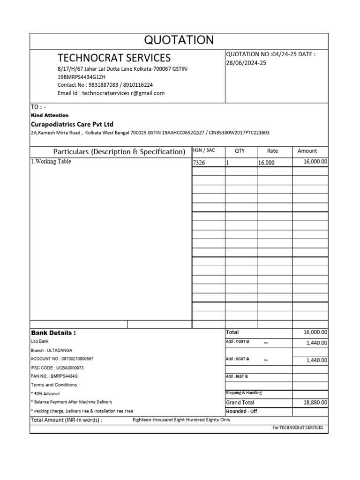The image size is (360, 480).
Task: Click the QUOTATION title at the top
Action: (179, 40)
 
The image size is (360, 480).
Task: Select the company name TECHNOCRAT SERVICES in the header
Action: (114, 58)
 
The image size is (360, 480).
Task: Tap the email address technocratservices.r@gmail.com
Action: (123, 93)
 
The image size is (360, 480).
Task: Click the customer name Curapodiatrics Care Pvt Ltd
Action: (72, 124)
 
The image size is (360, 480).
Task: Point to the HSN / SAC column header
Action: (204, 150)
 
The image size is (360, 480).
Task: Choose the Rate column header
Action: (272, 151)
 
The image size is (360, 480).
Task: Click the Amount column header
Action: (307, 151)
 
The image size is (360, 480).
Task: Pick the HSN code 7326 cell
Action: (199, 163)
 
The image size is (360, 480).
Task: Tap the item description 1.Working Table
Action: (51, 162)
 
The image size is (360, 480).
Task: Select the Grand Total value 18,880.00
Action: (315, 403)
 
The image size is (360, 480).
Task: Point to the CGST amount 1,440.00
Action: (317, 343)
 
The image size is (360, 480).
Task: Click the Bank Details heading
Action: (53, 333)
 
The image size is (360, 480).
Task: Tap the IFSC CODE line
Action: (57, 368)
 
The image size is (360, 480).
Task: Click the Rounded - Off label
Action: (241, 412)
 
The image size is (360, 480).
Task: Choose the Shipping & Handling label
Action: (244, 393)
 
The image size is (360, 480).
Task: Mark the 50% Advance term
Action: (45, 394)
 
